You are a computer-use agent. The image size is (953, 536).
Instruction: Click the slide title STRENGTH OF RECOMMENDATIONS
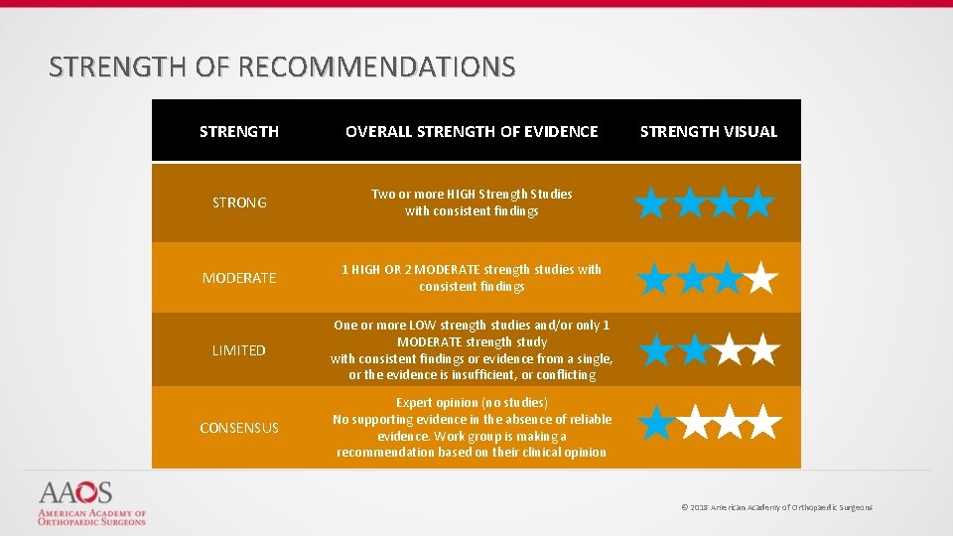click(x=282, y=67)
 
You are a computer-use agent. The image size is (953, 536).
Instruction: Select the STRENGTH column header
click(x=239, y=131)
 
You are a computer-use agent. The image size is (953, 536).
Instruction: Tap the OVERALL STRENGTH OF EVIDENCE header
click(x=472, y=131)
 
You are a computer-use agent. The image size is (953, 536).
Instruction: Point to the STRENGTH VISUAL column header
click(x=709, y=131)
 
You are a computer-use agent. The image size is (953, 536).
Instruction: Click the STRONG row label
click(x=239, y=202)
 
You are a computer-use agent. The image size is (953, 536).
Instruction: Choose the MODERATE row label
click(x=239, y=278)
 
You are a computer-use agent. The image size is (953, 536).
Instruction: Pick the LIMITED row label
click(x=239, y=350)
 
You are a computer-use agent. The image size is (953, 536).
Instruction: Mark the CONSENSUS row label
click(x=239, y=428)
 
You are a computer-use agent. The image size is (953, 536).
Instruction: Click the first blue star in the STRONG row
click(x=652, y=202)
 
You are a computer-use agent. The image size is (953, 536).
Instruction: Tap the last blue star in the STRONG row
click(x=759, y=202)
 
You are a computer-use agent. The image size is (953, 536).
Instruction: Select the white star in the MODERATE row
click(x=761, y=279)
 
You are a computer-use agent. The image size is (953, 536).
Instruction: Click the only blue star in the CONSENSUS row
click(x=654, y=423)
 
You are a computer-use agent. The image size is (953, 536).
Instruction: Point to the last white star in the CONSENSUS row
click(x=763, y=423)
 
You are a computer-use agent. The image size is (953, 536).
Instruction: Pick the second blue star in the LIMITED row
click(x=692, y=349)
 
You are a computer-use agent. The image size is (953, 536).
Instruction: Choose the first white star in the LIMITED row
click(x=728, y=349)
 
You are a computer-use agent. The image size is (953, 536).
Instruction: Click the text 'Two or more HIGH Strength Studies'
click(x=472, y=195)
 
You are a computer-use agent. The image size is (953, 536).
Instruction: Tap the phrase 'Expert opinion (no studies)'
click(x=472, y=402)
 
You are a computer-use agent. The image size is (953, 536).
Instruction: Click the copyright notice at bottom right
click(x=776, y=507)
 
